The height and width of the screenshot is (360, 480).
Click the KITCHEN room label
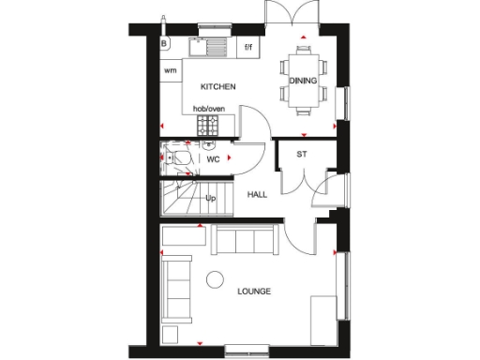217,86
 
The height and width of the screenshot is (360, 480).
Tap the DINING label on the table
303,81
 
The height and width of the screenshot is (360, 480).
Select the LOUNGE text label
254,292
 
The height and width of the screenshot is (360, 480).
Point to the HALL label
256,195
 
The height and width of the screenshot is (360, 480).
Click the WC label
212,160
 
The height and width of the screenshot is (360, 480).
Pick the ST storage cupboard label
302,154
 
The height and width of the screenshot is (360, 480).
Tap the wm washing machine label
171,70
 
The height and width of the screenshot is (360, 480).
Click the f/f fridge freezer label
249,46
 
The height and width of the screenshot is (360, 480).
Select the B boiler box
164,43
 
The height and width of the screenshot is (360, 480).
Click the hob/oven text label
209,109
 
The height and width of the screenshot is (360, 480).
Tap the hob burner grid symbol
207,123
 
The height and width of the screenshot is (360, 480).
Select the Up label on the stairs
211,198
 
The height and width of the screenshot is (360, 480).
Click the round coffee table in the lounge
216,278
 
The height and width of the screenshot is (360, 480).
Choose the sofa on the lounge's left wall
174,286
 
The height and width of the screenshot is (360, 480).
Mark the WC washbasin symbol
208,144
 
